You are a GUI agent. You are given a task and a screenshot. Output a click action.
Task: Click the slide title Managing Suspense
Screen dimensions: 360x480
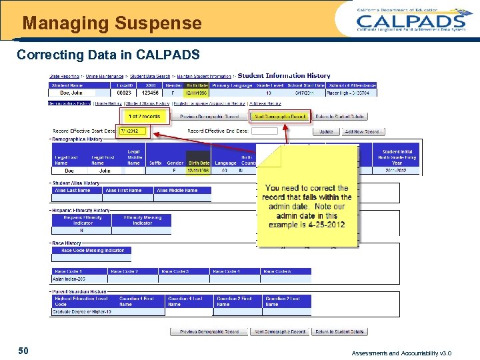coord(112,24)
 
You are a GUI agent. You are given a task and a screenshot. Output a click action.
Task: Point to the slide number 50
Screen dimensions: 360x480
coord(23,350)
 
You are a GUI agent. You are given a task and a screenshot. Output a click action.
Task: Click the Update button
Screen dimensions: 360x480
coord(326,131)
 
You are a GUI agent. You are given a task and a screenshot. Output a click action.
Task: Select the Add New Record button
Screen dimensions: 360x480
coord(362,131)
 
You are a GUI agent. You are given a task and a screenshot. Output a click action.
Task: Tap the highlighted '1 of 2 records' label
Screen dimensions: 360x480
coord(144,116)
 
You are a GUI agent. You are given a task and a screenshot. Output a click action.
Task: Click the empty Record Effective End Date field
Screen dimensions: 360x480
coord(265,131)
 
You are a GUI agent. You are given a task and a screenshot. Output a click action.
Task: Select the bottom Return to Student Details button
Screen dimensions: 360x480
coord(339,331)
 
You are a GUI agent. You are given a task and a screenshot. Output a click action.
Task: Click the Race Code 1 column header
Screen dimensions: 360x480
coord(78,271)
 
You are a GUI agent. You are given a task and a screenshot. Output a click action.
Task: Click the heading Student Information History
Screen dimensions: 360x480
coord(283,76)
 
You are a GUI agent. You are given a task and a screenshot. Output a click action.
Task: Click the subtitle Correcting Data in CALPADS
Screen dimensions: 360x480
coord(107,53)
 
